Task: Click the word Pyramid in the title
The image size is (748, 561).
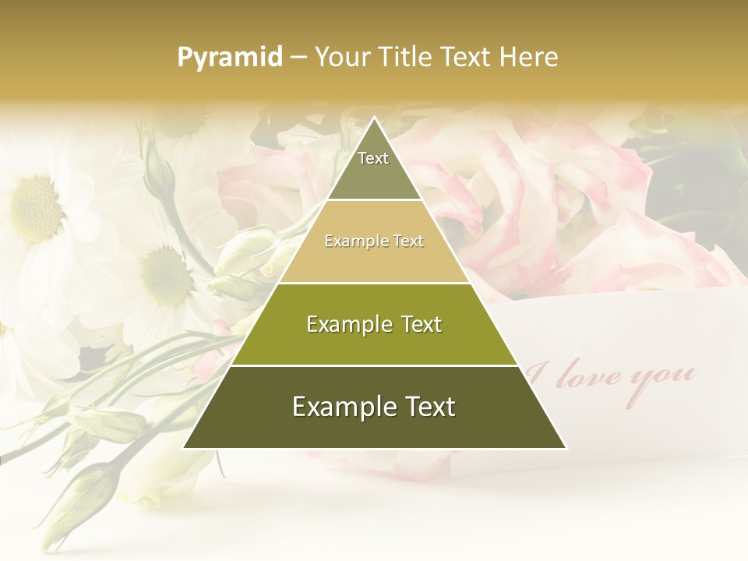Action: (x=230, y=58)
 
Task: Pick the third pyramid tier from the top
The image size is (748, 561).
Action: (x=374, y=324)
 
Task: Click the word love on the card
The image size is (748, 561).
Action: (x=595, y=378)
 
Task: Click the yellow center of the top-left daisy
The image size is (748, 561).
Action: (x=35, y=208)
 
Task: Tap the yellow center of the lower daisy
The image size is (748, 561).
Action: (x=165, y=277)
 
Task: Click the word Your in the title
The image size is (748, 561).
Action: (x=340, y=57)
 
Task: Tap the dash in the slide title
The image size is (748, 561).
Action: (x=298, y=58)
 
